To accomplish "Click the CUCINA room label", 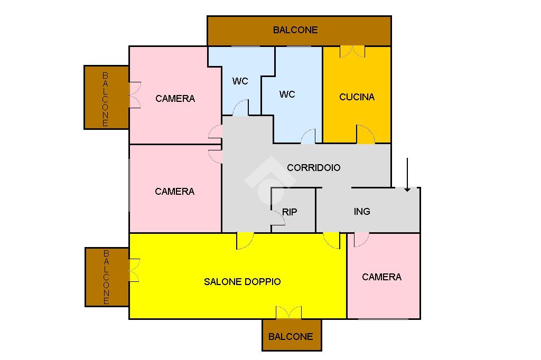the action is click(x=357, y=97).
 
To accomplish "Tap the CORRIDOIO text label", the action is click(x=313, y=168).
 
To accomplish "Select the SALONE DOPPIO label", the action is click(x=242, y=282).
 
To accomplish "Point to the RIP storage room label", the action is click(x=290, y=212).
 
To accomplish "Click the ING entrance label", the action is click(x=362, y=212).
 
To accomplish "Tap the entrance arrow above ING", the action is click(x=407, y=174).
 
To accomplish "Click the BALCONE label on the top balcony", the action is click(x=295, y=30).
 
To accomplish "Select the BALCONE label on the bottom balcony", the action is click(x=291, y=337).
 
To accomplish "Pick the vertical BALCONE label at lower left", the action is click(x=106, y=277).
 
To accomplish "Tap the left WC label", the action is click(x=240, y=81).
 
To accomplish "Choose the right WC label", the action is click(x=287, y=94).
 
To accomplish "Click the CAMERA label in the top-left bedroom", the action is click(x=175, y=99).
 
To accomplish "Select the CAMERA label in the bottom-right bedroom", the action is click(x=381, y=277).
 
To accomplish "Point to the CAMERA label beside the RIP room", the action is click(x=174, y=192).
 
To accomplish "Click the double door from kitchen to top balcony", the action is click(x=352, y=52).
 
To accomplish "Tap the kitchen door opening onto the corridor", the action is click(x=365, y=135).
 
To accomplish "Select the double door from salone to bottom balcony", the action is click(x=289, y=312).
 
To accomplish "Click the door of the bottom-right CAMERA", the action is click(x=361, y=239).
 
